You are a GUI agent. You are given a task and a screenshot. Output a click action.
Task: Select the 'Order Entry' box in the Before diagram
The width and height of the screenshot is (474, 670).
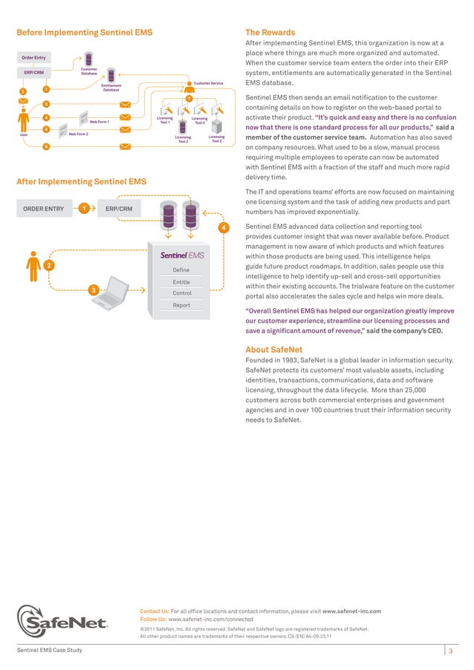(33, 58)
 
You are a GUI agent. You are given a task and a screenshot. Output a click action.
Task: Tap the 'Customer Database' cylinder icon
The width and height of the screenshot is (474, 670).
(88, 59)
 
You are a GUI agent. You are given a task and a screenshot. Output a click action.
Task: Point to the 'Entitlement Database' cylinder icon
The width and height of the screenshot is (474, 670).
(111, 75)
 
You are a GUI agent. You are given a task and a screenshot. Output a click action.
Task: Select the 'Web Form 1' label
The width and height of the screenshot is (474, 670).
(100, 122)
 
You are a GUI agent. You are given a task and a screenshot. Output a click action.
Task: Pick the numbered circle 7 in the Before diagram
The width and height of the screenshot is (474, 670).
(189, 100)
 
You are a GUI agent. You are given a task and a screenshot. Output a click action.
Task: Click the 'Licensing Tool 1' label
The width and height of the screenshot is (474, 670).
(165, 120)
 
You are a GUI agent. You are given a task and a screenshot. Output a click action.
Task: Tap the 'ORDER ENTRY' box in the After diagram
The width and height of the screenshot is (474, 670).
(43, 209)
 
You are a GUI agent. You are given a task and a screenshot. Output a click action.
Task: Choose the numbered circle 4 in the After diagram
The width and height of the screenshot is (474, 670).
(224, 227)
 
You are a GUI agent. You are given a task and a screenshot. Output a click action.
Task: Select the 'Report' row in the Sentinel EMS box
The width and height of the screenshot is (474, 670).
(181, 305)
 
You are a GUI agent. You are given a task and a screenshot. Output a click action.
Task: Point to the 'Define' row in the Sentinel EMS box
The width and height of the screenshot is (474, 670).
(181, 270)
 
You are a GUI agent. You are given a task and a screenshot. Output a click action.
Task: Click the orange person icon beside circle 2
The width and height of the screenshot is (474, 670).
(33, 264)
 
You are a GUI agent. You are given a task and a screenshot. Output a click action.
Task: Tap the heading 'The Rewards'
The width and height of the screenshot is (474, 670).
(270, 33)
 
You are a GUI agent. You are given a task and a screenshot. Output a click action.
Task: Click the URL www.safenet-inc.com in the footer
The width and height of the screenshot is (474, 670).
(351, 611)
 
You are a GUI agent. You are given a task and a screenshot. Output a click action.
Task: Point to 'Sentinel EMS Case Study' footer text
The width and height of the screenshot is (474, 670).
(50, 651)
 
